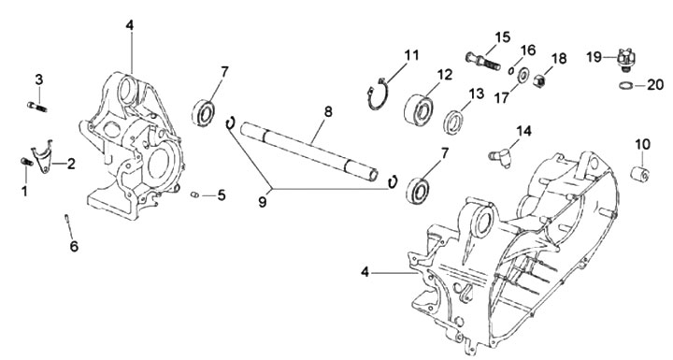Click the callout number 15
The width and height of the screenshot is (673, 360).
(x=503, y=37)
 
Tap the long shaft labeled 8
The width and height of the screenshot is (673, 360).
(x=309, y=151)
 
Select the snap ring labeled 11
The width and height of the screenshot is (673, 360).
(x=378, y=94)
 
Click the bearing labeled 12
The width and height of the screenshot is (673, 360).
(x=418, y=110)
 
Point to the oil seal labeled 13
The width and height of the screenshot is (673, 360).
(x=452, y=122)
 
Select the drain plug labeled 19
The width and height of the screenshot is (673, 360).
(x=625, y=58)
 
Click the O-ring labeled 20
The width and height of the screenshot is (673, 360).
(x=626, y=86)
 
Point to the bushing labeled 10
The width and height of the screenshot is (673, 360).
(x=640, y=174)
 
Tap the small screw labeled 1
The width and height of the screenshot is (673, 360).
(x=26, y=162)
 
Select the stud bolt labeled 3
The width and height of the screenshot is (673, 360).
(x=37, y=106)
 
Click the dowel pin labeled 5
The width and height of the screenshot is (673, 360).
(x=194, y=195)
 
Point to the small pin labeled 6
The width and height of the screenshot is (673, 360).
(x=67, y=217)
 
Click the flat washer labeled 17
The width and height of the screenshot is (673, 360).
(x=523, y=76)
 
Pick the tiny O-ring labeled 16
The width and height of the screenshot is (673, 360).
(x=511, y=70)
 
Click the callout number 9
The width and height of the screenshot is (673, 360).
(x=263, y=201)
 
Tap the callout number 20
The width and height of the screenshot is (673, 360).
(x=655, y=85)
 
